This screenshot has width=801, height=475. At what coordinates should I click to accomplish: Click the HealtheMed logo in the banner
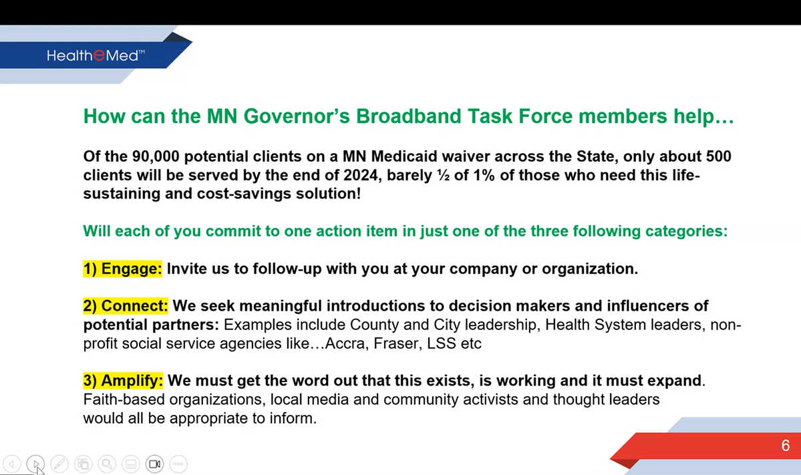(96, 55)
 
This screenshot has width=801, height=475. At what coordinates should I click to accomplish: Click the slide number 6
(786, 446)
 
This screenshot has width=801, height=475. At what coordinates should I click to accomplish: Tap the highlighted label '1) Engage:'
(123, 269)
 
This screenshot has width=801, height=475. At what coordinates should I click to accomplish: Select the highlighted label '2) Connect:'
(126, 306)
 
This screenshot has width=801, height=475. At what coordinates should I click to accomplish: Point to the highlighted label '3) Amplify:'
(123, 381)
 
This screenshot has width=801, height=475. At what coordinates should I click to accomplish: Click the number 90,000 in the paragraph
(155, 156)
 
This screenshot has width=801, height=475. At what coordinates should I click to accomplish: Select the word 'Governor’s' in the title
(297, 116)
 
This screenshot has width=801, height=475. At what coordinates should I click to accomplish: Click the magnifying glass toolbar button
(107, 464)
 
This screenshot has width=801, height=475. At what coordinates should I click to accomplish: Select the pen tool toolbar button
(59, 464)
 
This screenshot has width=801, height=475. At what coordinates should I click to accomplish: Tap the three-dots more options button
(178, 464)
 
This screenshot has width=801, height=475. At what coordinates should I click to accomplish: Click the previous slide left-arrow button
(12, 464)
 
